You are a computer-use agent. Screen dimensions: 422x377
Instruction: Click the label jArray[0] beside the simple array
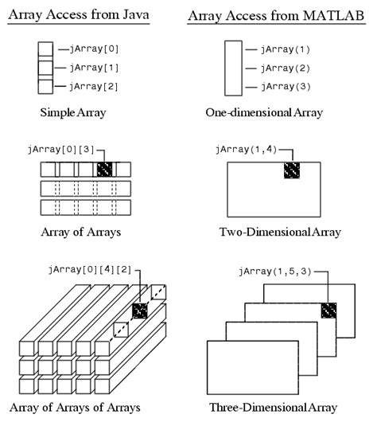(x=95, y=50)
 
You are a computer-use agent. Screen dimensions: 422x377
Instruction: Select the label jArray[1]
(x=95, y=68)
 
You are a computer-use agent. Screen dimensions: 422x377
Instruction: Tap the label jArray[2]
(x=95, y=85)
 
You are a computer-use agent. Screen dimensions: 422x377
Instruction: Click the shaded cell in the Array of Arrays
(x=105, y=170)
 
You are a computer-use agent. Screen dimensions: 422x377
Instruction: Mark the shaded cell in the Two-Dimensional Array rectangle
(x=293, y=170)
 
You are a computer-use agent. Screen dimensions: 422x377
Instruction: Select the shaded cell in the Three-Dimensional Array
(x=328, y=311)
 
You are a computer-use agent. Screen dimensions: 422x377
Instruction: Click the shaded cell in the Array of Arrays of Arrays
(x=141, y=311)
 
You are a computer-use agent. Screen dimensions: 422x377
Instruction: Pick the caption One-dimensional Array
(x=274, y=112)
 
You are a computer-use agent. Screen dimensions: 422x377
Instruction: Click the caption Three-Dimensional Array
(x=274, y=408)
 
